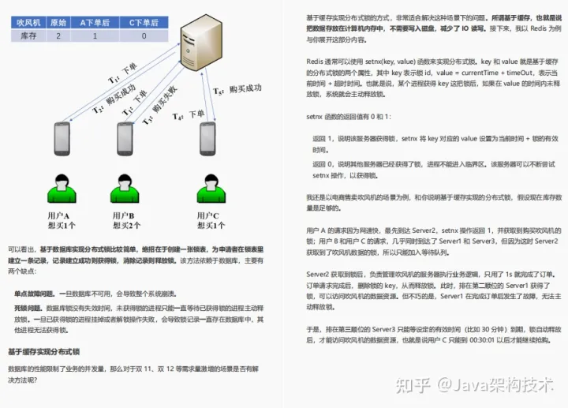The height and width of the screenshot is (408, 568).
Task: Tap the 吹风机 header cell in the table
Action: [29, 22]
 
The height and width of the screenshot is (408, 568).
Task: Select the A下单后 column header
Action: [94, 22]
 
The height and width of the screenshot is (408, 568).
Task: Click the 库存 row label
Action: [29, 36]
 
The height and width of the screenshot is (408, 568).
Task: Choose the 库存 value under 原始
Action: [58, 36]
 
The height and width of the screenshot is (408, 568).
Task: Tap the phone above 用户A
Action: [62, 139]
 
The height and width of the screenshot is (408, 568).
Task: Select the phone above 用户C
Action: [208, 138]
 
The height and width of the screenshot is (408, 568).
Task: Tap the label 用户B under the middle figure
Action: [123, 215]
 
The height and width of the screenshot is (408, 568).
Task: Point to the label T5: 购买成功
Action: [237, 89]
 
